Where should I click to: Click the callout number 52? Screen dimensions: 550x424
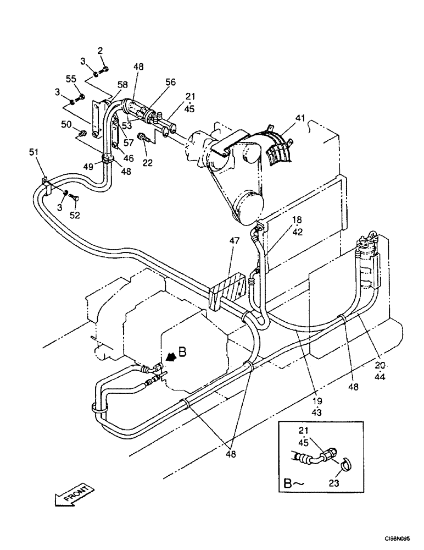point(75,215)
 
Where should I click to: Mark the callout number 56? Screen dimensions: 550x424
point(170,81)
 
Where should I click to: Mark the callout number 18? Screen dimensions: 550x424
point(297,219)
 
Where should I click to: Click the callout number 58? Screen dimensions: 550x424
point(122,84)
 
